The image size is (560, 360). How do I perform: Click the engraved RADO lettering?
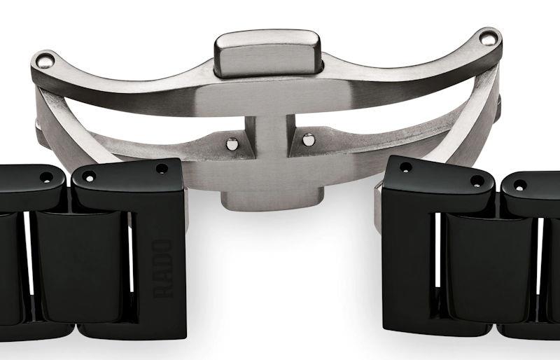[163, 268]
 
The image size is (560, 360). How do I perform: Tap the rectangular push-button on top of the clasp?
[268, 53]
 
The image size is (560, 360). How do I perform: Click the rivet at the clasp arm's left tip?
[45, 60]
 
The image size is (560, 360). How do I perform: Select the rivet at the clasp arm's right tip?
[489, 38]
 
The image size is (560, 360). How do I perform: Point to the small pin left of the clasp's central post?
[232, 144]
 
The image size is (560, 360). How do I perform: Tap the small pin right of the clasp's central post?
[309, 139]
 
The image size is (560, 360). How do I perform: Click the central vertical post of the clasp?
[270, 135]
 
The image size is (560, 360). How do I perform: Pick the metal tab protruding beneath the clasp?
[272, 200]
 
